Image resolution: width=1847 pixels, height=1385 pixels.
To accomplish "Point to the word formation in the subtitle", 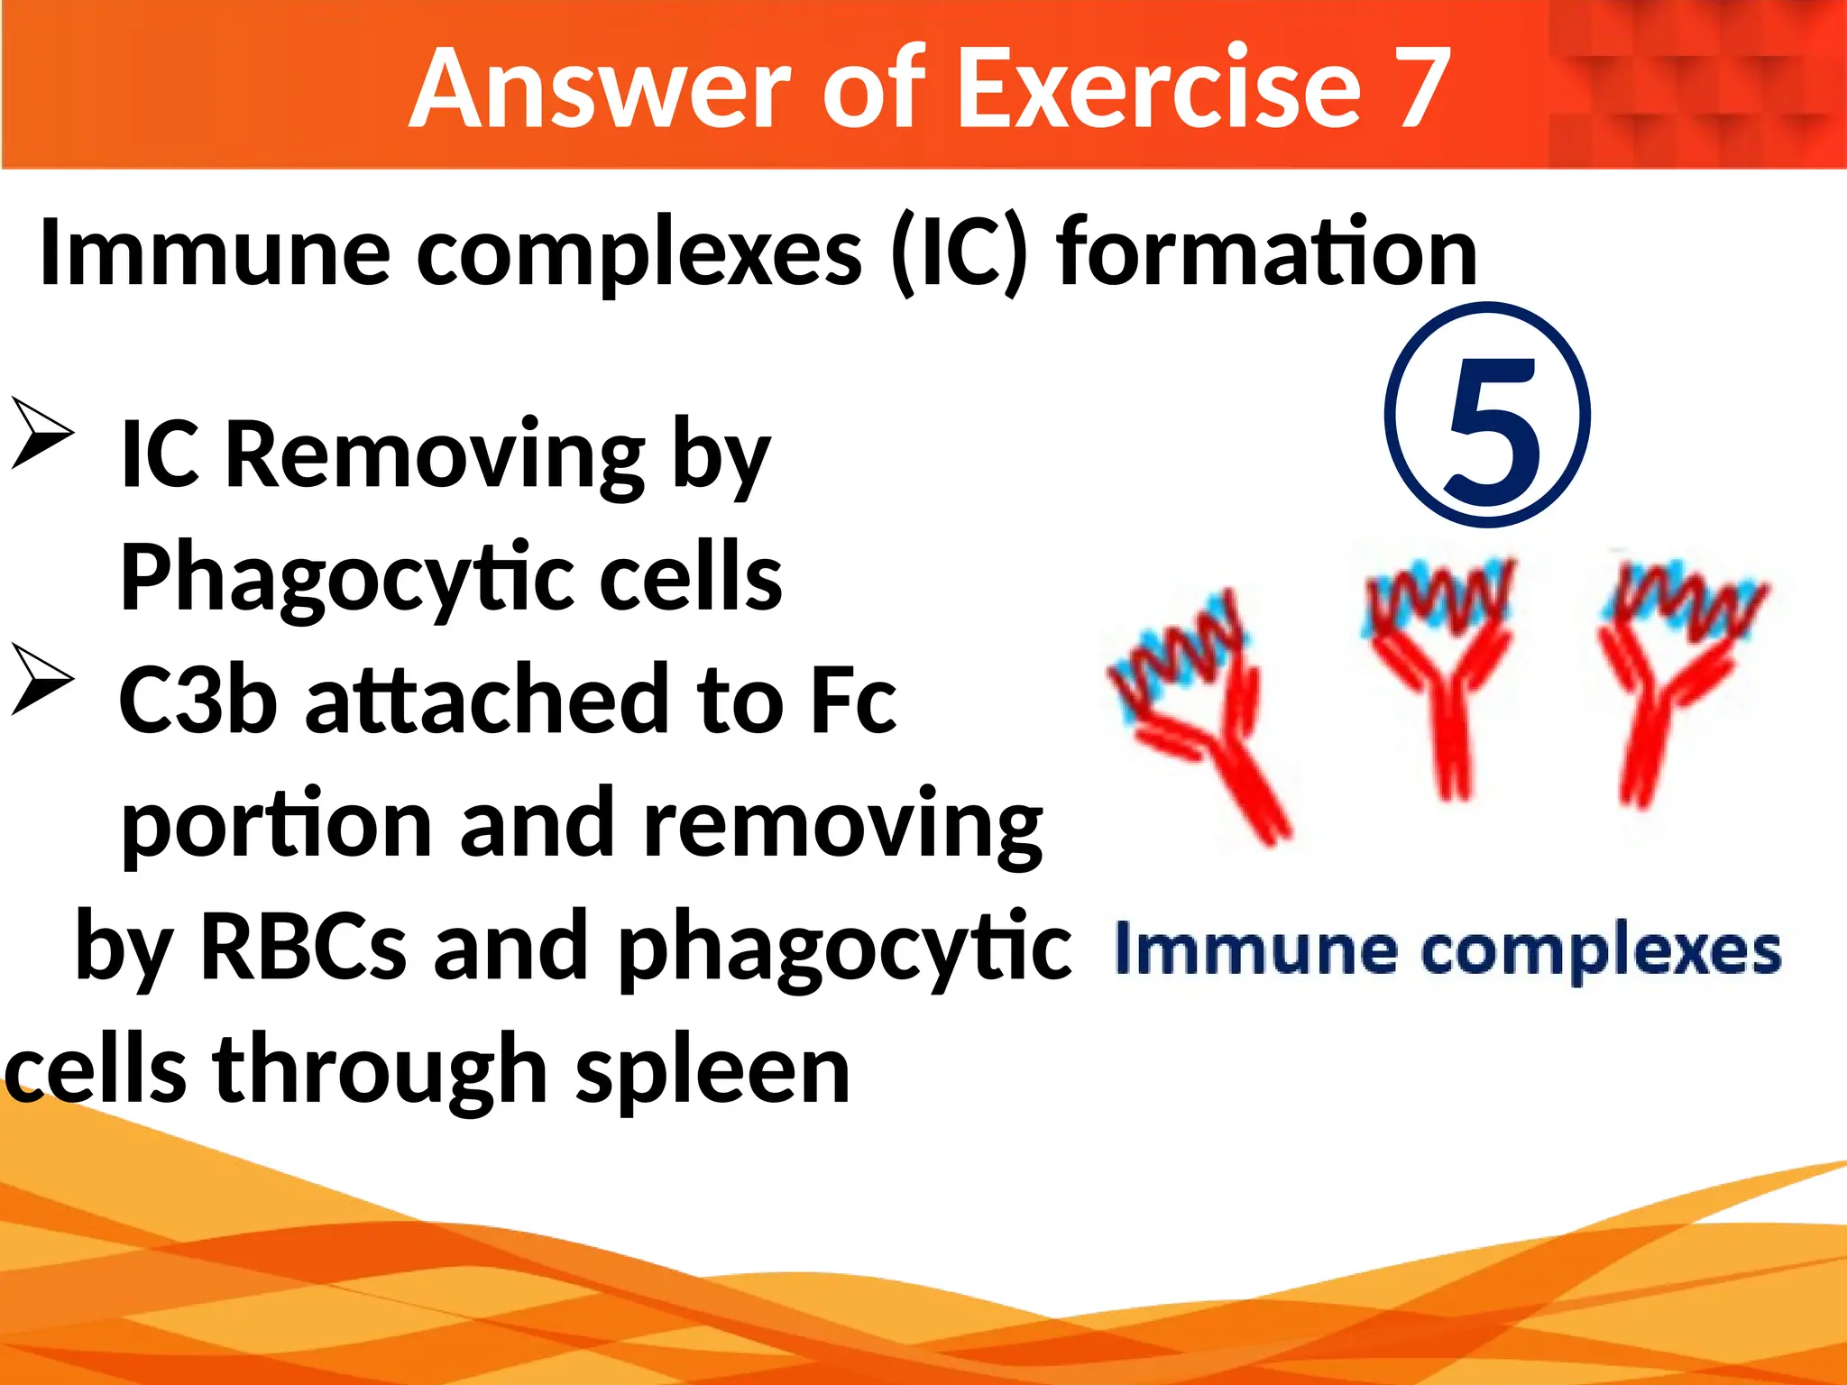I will pos(1267,252).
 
